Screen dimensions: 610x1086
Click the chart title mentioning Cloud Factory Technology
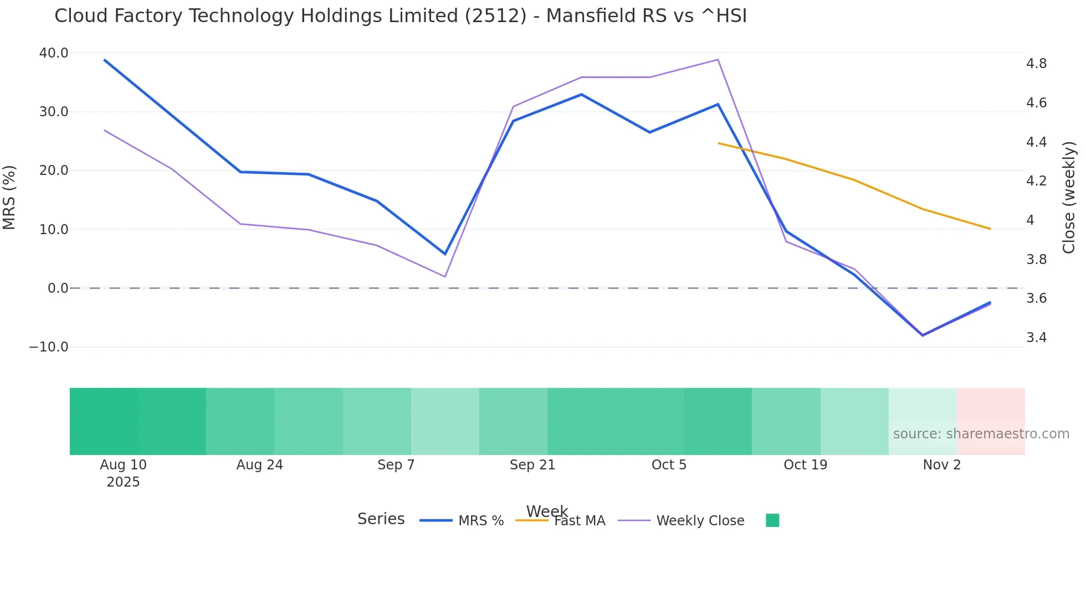pos(400,16)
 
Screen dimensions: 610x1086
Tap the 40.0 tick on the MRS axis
pos(54,53)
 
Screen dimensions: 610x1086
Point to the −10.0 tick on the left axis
pos(49,347)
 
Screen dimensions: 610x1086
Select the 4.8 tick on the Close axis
pos(1036,64)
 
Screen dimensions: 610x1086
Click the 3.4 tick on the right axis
pos(1036,338)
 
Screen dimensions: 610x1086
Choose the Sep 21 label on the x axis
pos(532,465)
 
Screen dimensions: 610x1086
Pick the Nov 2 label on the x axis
pos(941,465)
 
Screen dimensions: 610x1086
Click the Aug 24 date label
pos(259,465)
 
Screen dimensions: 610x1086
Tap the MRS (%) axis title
pos(9,197)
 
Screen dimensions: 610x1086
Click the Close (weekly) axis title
pos(1069,197)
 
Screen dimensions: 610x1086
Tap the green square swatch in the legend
pos(772,520)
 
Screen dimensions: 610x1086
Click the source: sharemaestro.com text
pos(981,434)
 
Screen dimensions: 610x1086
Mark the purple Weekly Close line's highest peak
pos(718,60)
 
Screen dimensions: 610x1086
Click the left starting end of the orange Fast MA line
pos(719,143)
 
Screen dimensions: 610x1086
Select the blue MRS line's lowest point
pos(923,335)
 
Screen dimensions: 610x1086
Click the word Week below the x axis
pos(547,511)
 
